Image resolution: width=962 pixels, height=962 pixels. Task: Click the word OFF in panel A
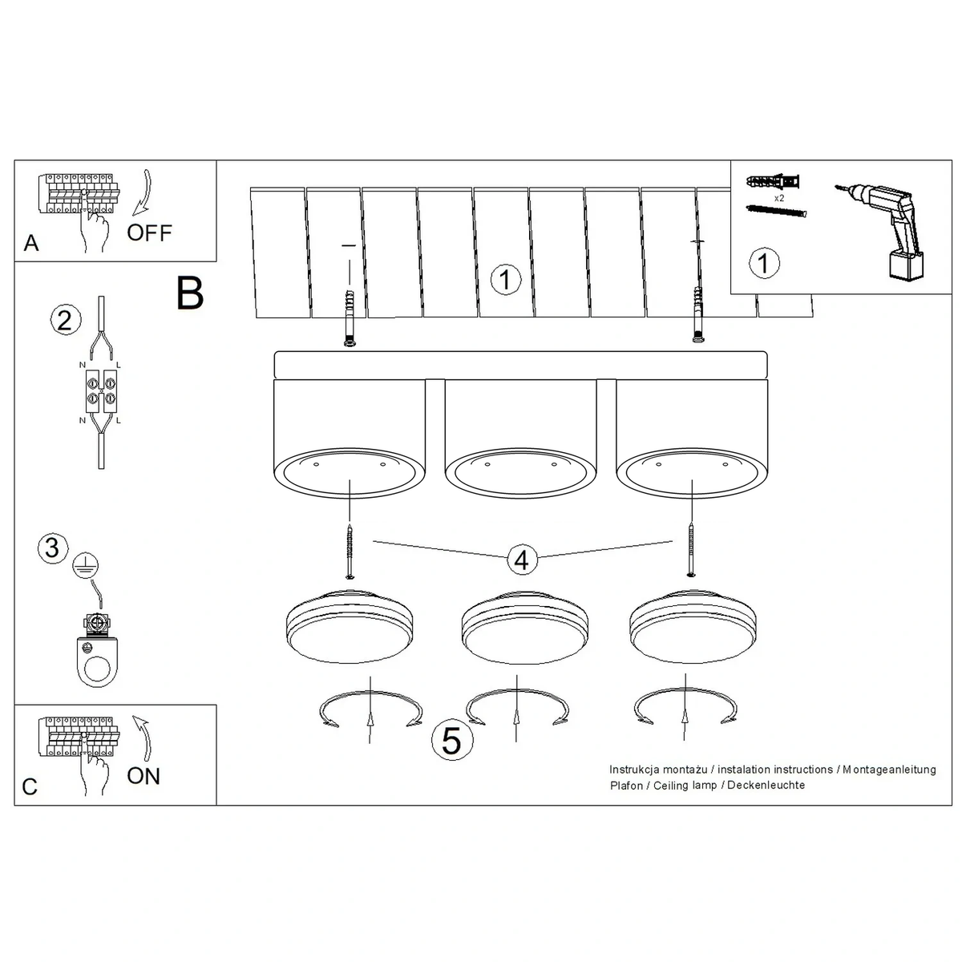pyautogui.click(x=149, y=232)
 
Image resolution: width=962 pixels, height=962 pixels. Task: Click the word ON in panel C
pyautogui.click(x=143, y=776)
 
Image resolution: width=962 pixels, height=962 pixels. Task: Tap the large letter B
pyautogui.click(x=190, y=293)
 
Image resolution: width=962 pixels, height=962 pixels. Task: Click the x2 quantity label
pyautogui.click(x=778, y=198)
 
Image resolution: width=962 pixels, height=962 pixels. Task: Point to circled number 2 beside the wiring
pyautogui.click(x=65, y=320)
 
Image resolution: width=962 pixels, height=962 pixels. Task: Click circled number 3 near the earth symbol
pyautogui.click(x=52, y=548)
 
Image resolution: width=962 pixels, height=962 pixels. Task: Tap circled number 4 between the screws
pyautogui.click(x=522, y=560)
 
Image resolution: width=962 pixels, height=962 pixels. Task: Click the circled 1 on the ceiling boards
pyautogui.click(x=506, y=279)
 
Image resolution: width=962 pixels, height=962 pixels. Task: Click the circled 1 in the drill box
pyautogui.click(x=764, y=263)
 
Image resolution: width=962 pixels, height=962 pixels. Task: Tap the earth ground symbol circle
pyautogui.click(x=85, y=566)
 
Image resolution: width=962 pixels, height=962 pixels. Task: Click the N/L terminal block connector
pyautogui.click(x=101, y=391)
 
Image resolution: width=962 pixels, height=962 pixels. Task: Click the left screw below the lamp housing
pyautogui.click(x=350, y=552)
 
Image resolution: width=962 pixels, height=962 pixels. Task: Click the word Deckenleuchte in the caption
pyautogui.click(x=766, y=786)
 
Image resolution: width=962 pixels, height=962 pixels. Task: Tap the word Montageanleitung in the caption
pyautogui.click(x=889, y=770)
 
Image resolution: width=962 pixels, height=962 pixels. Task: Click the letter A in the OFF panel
pyautogui.click(x=31, y=244)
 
